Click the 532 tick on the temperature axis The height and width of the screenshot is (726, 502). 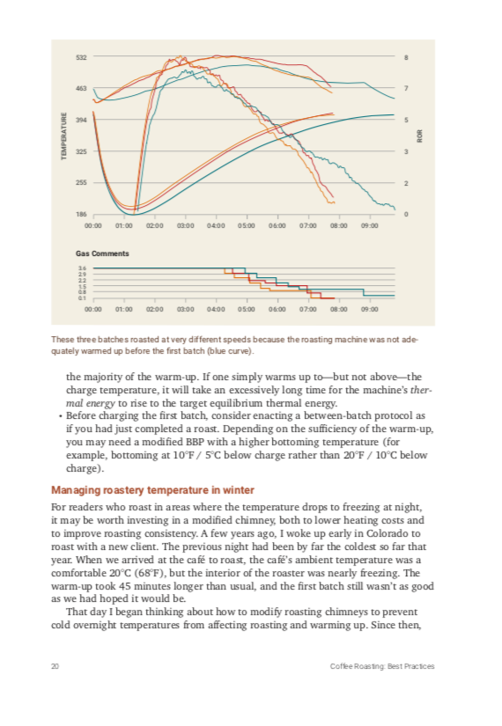pos(81,58)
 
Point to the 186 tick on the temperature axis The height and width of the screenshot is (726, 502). pos(81,215)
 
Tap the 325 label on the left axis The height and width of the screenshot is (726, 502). pos(81,151)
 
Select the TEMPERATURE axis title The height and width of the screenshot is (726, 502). pos(63,136)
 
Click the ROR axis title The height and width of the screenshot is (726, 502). pos(420,136)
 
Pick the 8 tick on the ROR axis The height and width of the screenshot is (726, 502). pos(406,58)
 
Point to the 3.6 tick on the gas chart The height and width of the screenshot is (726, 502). pos(81,268)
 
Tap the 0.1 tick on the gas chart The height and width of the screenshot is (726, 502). pos(81,298)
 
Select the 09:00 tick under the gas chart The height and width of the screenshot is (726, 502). pos(369,310)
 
